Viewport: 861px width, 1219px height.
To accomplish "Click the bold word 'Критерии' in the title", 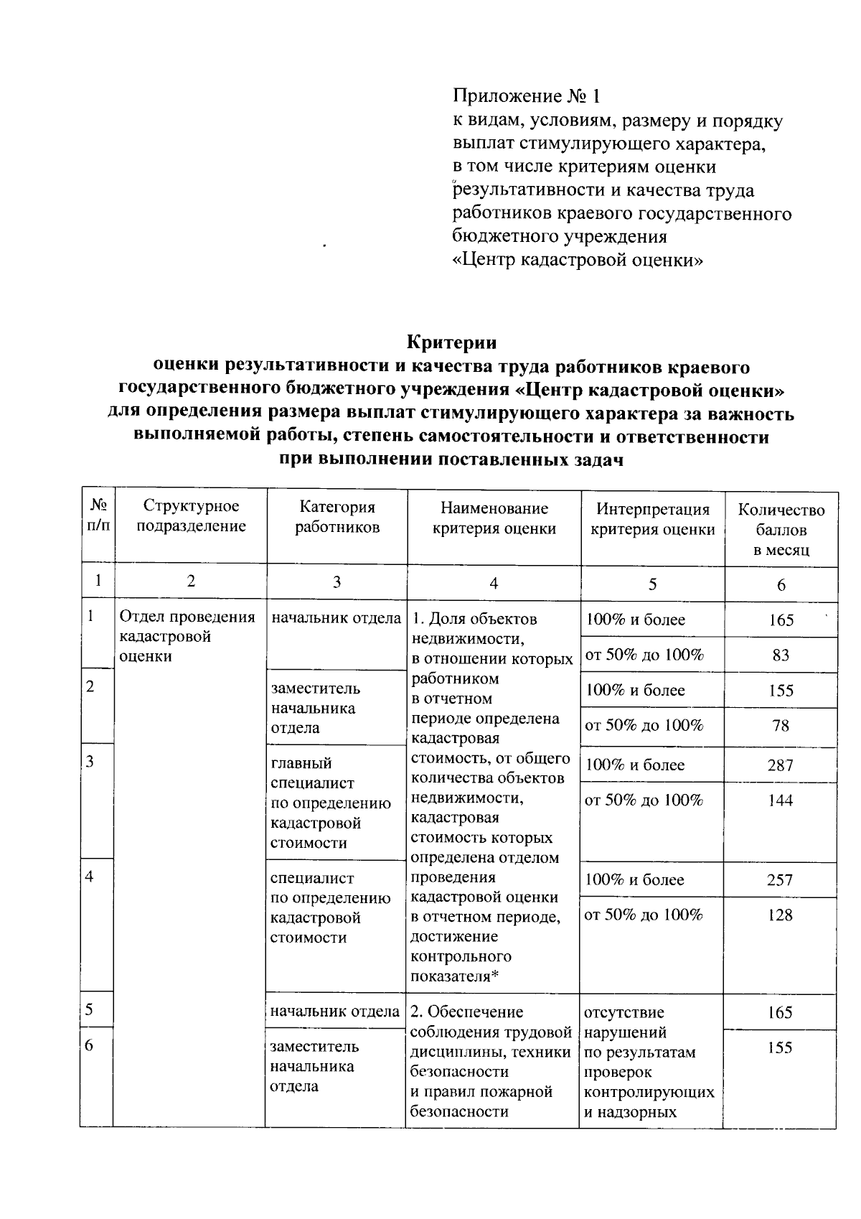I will pos(452,341).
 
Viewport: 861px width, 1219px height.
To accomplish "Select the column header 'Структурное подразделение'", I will pos(191,516).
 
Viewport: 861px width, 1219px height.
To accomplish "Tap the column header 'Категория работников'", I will pos(337,517).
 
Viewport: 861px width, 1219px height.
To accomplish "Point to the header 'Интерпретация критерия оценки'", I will pos(652,519).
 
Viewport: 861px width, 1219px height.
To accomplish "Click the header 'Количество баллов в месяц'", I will pos(781,530).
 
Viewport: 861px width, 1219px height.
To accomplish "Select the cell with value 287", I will pos(780,765).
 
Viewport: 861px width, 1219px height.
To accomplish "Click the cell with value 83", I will pos(781,655).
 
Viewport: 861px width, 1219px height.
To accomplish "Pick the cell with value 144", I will pos(780,800).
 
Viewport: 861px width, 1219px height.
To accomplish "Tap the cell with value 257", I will pos(780,880).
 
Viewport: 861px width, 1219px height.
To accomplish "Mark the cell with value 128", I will pos(780,915).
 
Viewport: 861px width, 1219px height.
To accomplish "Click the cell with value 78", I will pos(781,726).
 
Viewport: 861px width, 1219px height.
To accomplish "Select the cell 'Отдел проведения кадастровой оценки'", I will pos(187,637).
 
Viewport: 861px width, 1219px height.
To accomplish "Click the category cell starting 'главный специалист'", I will pos(330,803).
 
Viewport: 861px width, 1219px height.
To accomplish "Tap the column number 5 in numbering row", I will pos(652,584).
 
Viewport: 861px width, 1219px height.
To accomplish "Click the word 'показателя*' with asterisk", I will pos(454,976).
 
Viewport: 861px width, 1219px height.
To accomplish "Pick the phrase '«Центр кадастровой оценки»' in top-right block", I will pos(578,260).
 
